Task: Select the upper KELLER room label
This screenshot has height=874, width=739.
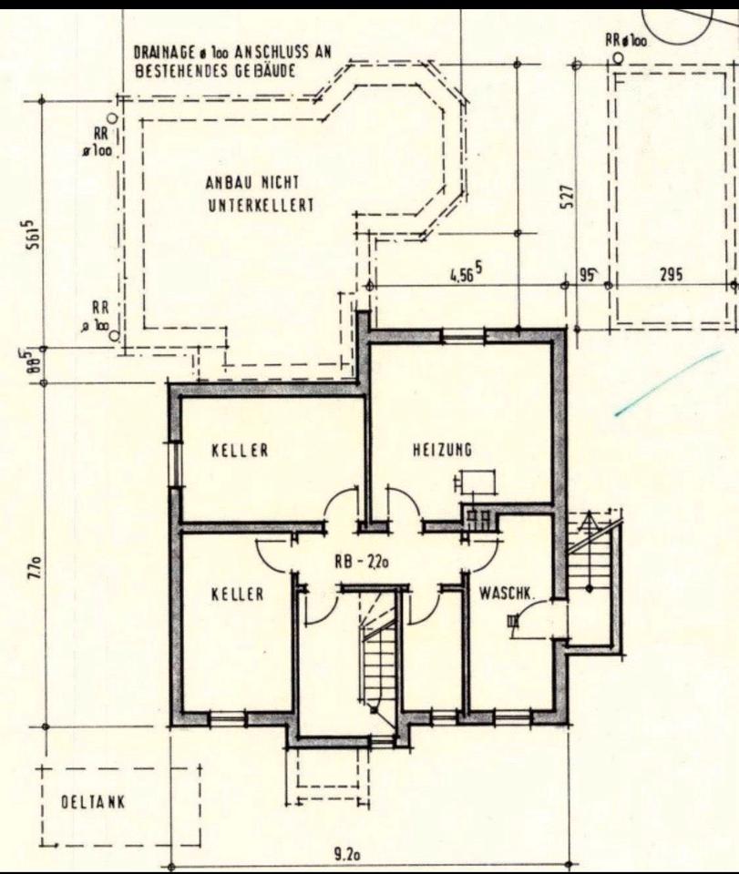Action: click(240, 450)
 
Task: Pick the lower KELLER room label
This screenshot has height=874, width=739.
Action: click(237, 595)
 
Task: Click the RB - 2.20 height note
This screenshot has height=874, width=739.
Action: click(362, 563)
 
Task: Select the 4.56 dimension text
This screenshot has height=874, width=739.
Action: click(466, 273)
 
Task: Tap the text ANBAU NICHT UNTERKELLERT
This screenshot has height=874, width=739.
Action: click(261, 193)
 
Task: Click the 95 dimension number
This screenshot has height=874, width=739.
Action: click(587, 274)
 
